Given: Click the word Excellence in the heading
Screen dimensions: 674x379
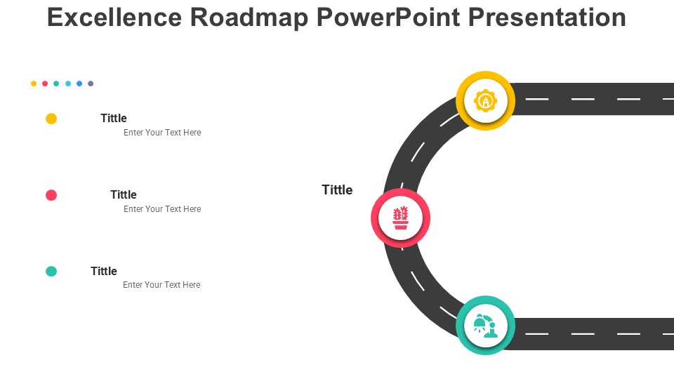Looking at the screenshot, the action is tap(114, 18).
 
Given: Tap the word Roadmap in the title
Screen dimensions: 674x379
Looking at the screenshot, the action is tap(249, 18).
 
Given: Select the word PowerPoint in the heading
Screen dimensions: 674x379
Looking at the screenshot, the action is tap(388, 18).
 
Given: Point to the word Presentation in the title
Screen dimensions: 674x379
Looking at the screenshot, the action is tap(547, 18).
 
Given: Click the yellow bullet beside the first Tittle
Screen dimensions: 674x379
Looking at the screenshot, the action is tap(51, 119).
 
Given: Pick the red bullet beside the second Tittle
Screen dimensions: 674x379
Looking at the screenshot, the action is tap(51, 195).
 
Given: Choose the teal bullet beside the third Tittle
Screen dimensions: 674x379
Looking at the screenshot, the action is tap(51, 271).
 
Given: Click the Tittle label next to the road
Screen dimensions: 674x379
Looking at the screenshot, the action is tap(337, 190).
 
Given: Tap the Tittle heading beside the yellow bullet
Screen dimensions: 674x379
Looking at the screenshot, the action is tap(114, 118).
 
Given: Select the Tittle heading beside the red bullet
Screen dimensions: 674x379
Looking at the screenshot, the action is tap(124, 194).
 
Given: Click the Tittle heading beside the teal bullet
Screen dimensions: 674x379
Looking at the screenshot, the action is tap(104, 271).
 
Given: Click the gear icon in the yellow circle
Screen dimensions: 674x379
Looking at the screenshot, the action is tap(485, 100).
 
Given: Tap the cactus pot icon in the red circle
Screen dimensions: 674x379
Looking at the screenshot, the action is tap(401, 218).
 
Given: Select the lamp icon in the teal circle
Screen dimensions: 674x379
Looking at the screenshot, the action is tap(485, 325).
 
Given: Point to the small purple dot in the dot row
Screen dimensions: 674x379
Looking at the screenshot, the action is tap(91, 84).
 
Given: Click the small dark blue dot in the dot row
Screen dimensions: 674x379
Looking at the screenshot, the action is tap(79, 84).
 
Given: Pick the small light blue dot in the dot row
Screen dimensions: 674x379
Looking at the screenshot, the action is tap(68, 84).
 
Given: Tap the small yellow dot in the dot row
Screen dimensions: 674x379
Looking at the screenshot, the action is tap(34, 84).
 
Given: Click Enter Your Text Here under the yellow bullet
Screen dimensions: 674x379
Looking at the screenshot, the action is tap(162, 133).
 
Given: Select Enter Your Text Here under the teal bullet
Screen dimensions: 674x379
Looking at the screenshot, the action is tap(161, 284).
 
